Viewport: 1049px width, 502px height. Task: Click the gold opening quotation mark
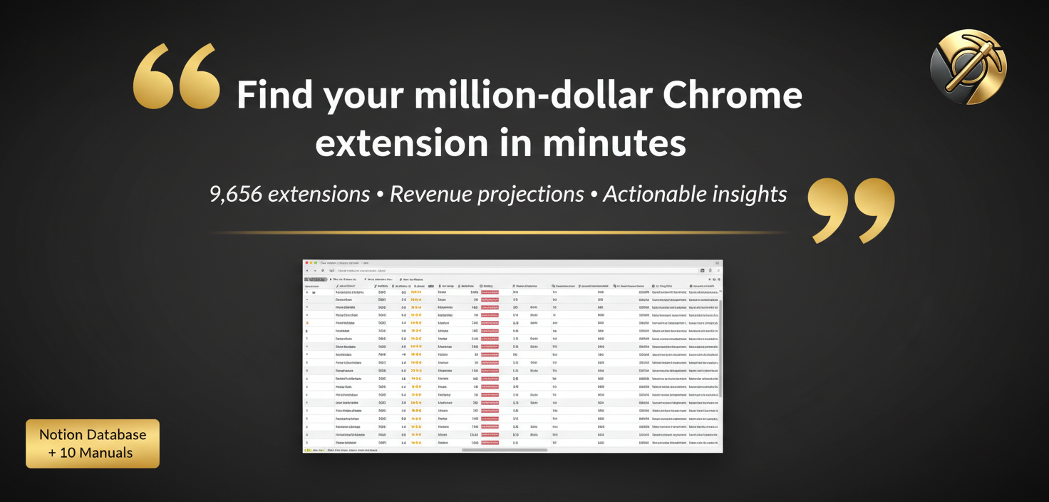point(177,76)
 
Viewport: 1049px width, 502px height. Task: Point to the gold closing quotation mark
point(851,210)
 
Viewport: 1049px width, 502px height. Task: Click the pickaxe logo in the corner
point(968,67)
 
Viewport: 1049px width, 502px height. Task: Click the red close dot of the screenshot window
point(306,262)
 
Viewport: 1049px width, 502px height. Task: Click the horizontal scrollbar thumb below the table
point(504,450)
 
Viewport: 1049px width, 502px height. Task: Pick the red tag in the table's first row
point(490,292)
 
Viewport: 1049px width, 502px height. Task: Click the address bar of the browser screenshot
point(513,270)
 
